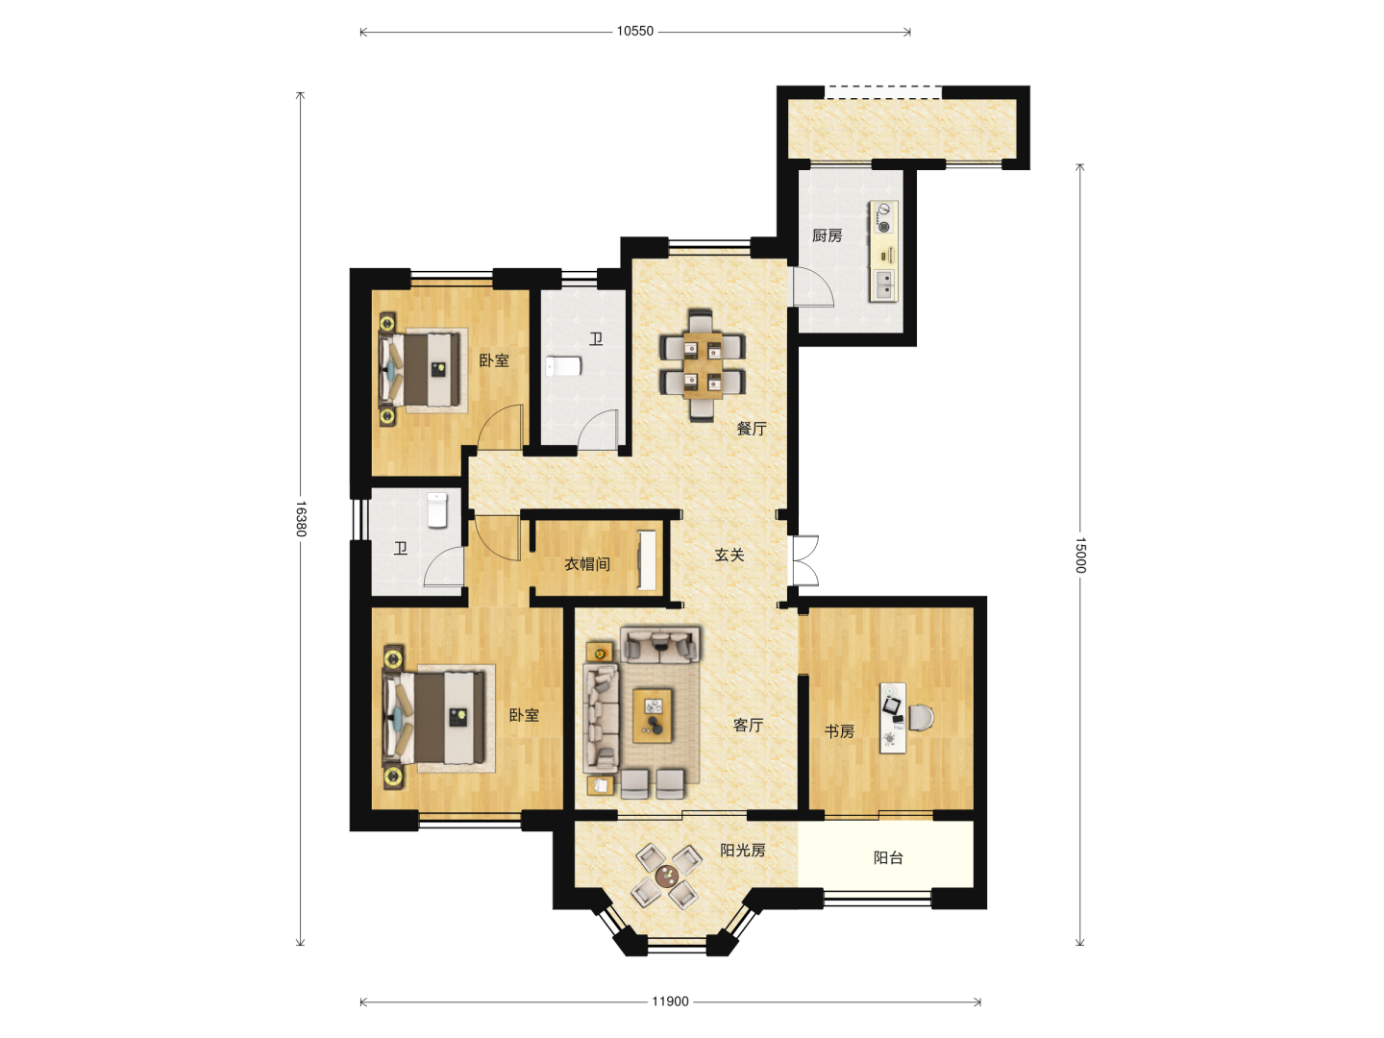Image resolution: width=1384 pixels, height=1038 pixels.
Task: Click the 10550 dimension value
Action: pos(635,32)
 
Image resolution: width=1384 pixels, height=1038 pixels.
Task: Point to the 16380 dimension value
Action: pos(301,519)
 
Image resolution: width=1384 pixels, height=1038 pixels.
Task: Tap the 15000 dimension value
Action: pos(1080,555)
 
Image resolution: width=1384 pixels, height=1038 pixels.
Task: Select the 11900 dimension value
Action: pos(670,1001)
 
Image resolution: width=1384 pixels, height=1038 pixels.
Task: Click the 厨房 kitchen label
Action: pos(827,235)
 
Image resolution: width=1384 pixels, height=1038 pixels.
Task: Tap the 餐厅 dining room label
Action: pos(752,429)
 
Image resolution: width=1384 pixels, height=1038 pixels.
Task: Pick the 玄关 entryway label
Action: pos(729,555)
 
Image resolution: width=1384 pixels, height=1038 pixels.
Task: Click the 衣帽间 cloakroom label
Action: pos(587,563)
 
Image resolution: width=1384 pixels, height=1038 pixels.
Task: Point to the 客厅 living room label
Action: pos(749,725)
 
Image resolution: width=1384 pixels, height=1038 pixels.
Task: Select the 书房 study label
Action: pos(839,731)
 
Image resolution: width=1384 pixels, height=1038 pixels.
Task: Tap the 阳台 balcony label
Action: pos(888,857)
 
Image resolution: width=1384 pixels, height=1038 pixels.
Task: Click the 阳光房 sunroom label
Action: pos(743,850)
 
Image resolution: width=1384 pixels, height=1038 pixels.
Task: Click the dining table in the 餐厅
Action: pos(703,365)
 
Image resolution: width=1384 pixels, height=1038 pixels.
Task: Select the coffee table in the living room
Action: pos(653,716)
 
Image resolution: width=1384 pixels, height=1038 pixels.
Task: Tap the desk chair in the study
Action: pos(922,717)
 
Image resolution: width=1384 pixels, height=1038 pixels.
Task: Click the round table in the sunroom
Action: pos(666,876)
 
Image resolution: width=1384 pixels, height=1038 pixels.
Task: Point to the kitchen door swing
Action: pos(813,286)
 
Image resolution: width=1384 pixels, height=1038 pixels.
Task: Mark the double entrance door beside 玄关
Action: pos(805,561)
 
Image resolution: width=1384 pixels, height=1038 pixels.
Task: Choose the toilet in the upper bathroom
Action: pos(563,366)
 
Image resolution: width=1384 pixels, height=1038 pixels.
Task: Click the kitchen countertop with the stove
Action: pos(884,251)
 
